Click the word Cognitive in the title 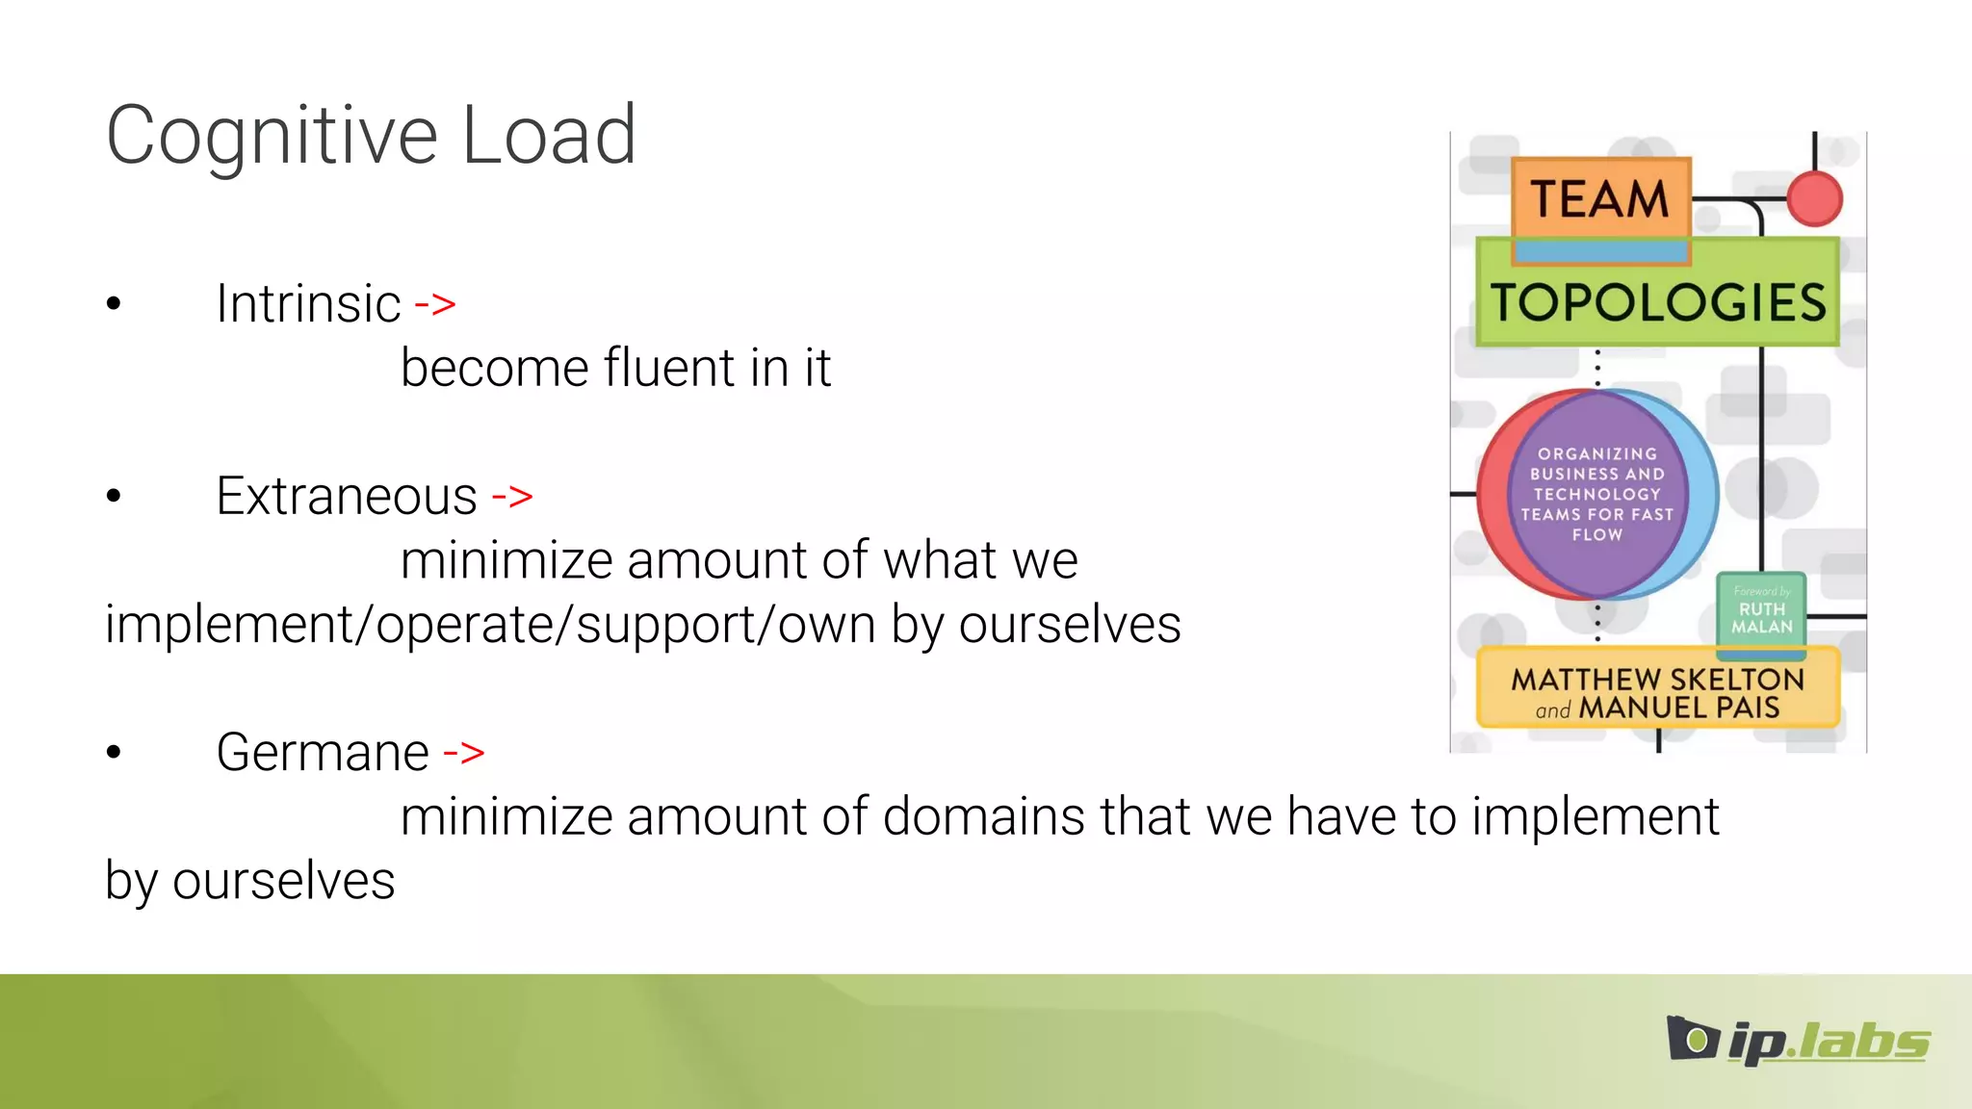point(272,137)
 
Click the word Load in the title point(549,135)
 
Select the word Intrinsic point(308,304)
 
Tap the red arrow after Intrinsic point(435,304)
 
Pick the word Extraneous point(347,497)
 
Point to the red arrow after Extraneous point(512,497)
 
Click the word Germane point(323,753)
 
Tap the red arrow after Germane point(464,753)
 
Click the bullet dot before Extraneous point(114,497)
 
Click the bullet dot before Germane point(114,753)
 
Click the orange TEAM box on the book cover point(1600,198)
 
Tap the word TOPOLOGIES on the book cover point(1657,302)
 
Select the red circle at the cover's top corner point(1814,198)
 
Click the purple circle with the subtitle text point(1597,494)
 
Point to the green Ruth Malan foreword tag point(1761,612)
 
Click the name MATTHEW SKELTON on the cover point(1657,679)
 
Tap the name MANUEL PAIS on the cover point(1679,709)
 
